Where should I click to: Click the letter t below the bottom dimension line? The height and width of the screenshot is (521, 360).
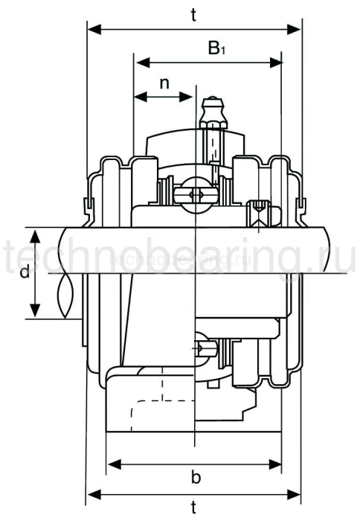[x=194, y=508]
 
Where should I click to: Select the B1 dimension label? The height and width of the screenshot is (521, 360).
[x=215, y=49]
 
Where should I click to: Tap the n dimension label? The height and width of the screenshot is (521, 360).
[x=165, y=83]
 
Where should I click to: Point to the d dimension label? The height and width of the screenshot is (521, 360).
[x=24, y=272]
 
